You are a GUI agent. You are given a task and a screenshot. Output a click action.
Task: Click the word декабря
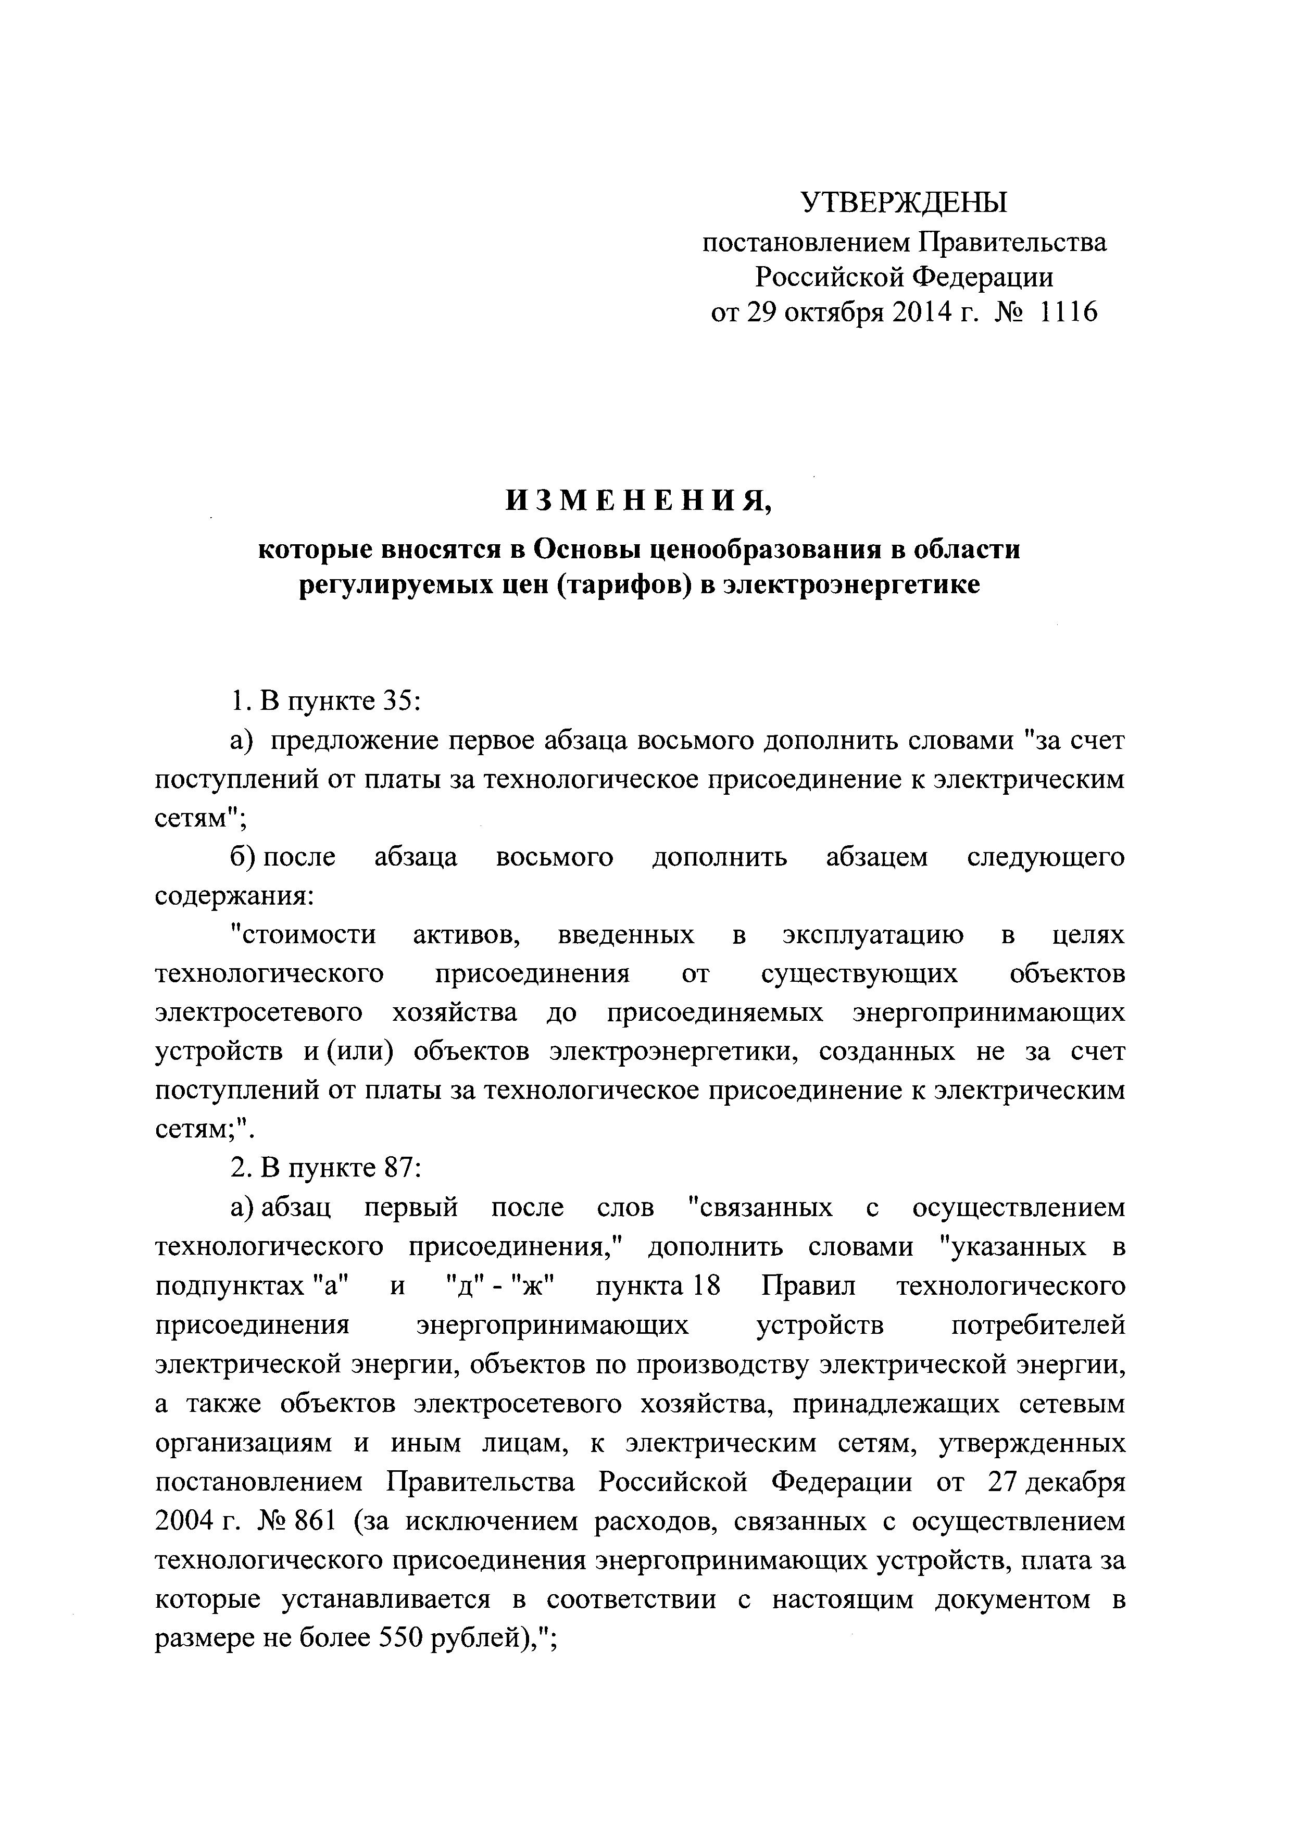pos(1078,1480)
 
